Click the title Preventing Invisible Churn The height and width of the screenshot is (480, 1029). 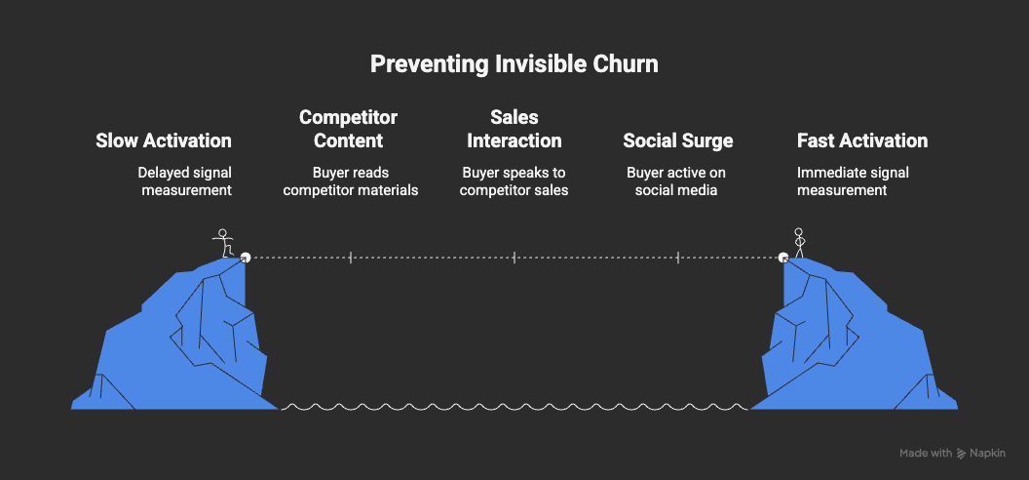click(514, 65)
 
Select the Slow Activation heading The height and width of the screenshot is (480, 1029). click(164, 140)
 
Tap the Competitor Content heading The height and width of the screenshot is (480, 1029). click(349, 129)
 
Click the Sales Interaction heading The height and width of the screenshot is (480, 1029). click(514, 129)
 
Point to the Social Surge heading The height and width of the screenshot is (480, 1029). click(678, 140)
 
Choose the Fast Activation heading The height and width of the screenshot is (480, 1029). click(862, 140)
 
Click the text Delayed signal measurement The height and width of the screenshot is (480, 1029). click(186, 181)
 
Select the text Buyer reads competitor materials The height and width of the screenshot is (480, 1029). click(351, 181)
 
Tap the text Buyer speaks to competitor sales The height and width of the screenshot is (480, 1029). click(514, 181)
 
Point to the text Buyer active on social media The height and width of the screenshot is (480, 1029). click(678, 181)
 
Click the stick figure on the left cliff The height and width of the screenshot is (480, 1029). click(225, 243)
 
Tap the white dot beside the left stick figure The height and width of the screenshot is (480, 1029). click(246, 258)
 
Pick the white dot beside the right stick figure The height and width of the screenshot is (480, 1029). click(783, 258)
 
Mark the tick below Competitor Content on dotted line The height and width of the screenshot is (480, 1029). click(351, 258)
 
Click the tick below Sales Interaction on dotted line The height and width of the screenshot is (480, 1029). click(514, 258)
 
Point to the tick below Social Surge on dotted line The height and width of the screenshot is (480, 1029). click(678, 258)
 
